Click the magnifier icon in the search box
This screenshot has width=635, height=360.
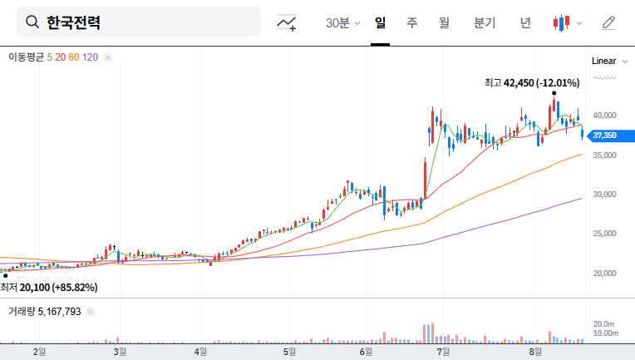pyautogui.click(x=32, y=22)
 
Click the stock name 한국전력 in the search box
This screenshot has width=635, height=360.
pyautogui.click(x=73, y=22)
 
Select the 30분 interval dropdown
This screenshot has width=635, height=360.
pyautogui.click(x=342, y=22)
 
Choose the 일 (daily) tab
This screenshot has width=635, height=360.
pyautogui.click(x=381, y=22)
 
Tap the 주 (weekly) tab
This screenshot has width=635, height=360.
pyautogui.click(x=411, y=22)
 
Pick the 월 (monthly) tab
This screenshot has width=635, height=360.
pyautogui.click(x=444, y=22)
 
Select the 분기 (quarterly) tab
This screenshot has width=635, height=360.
pyautogui.click(x=484, y=22)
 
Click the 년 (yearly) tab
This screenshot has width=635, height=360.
pyautogui.click(x=525, y=22)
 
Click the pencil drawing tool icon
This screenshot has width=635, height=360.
pyautogui.click(x=608, y=22)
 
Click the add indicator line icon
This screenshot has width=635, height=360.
pyautogui.click(x=287, y=22)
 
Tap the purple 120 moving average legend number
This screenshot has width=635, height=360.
pyautogui.click(x=91, y=57)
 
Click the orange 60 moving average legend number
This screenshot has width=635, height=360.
pyautogui.click(x=74, y=57)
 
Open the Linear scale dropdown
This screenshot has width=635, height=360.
pyautogui.click(x=603, y=61)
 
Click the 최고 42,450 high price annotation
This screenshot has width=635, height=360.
pyautogui.click(x=532, y=82)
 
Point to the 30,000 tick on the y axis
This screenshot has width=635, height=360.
pyautogui.click(x=603, y=195)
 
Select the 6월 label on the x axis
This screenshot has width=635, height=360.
pyautogui.click(x=367, y=352)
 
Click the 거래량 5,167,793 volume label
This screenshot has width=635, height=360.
pyautogui.click(x=45, y=312)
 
